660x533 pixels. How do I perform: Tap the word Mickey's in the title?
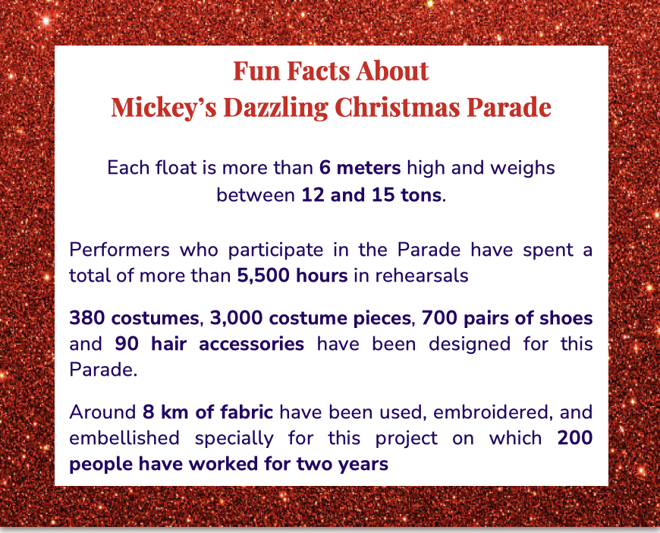(x=164, y=108)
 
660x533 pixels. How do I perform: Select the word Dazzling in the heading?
(x=275, y=108)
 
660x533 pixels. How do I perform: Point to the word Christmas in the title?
(x=397, y=108)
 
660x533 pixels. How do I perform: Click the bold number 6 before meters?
(x=325, y=168)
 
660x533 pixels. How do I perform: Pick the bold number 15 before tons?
(x=383, y=195)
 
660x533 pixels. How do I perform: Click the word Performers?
(x=120, y=250)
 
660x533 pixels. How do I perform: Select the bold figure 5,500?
(x=263, y=276)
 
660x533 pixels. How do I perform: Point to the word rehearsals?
(x=422, y=276)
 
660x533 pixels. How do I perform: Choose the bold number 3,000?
(x=237, y=318)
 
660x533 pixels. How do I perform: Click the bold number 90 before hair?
(x=127, y=344)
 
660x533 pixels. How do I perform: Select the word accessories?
(x=251, y=344)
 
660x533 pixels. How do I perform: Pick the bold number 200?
(x=575, y=438)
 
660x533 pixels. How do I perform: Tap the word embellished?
(x=124, y=438)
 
